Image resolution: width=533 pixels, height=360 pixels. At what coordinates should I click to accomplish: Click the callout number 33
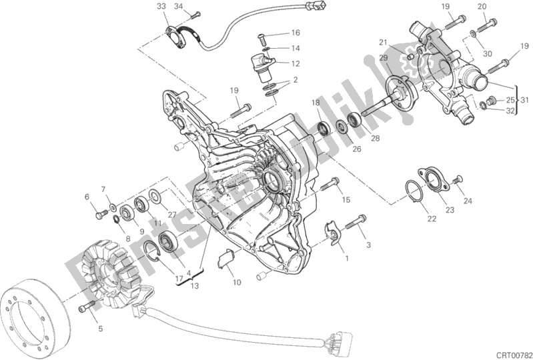pos(161,7)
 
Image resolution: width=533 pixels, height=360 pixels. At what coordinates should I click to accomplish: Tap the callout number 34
pos(178,7)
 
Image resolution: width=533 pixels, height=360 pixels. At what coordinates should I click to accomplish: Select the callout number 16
pos(296,33)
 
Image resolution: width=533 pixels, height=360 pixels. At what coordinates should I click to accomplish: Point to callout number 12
pos(296,64)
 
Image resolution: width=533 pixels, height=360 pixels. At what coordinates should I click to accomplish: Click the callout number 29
pos(383,59)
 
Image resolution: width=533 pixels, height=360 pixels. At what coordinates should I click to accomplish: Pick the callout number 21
pos(383,43)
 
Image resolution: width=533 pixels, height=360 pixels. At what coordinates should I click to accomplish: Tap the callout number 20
pos(482,7)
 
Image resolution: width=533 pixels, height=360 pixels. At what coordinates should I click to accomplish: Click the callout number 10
pos(237,283)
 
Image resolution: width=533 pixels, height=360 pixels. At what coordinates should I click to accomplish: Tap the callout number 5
pos(101,328)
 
